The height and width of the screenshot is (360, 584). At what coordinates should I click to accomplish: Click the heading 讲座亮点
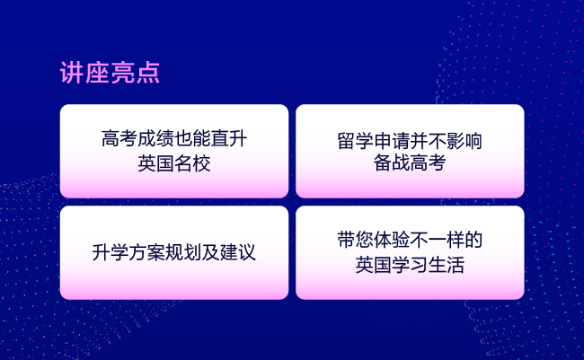pyautogui.click(x=110, y=73)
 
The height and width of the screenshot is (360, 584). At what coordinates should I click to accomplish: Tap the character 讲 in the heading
pyautogui.click(x=72, y=73)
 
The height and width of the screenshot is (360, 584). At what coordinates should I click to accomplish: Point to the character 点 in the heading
pyautogui.click(x=148, y=73)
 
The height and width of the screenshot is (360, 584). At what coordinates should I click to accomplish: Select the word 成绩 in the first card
pyautogui.click(x=155, y=139)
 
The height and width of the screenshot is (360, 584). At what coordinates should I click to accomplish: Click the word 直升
pyautogui.click(x=229, y=139)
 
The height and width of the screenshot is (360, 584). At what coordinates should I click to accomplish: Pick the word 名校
pyautogui.click(x=192, y=163)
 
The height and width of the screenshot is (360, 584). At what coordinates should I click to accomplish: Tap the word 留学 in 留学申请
pyautogui.click(x=355, y=141)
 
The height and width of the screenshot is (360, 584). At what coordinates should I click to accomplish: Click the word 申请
pyautogui.click(x=392, y=141)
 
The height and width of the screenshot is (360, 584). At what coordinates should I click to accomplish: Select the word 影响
pyautogui.click(x=465, y=141)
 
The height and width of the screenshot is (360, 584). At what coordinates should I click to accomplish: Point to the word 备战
pyautogui.click(x=392, y=162)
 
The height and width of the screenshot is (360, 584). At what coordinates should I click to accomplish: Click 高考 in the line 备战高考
pyautogui.click(x=428, y=162)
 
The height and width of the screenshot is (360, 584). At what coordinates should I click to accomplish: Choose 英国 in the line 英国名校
pyautogui.click(x=156, y=163)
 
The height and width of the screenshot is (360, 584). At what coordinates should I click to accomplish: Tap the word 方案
pyautogui.click(x=146, y=252)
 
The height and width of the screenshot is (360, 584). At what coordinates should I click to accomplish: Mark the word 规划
pyautogui.click(x=183, y=252)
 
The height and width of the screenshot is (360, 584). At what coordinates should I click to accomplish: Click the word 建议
pyautogui.click(x=238, y=252)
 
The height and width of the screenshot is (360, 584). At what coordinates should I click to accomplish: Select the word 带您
pyautogui.click(x=355, y=240)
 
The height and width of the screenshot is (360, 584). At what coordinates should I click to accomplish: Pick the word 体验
pyautogui.click(x=392, y=240)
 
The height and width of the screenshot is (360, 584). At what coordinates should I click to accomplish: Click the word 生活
pyautogui.click(x=447, y=265)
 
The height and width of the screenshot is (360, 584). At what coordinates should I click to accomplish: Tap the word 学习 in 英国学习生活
pyautogui.click(x=410, y=265)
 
